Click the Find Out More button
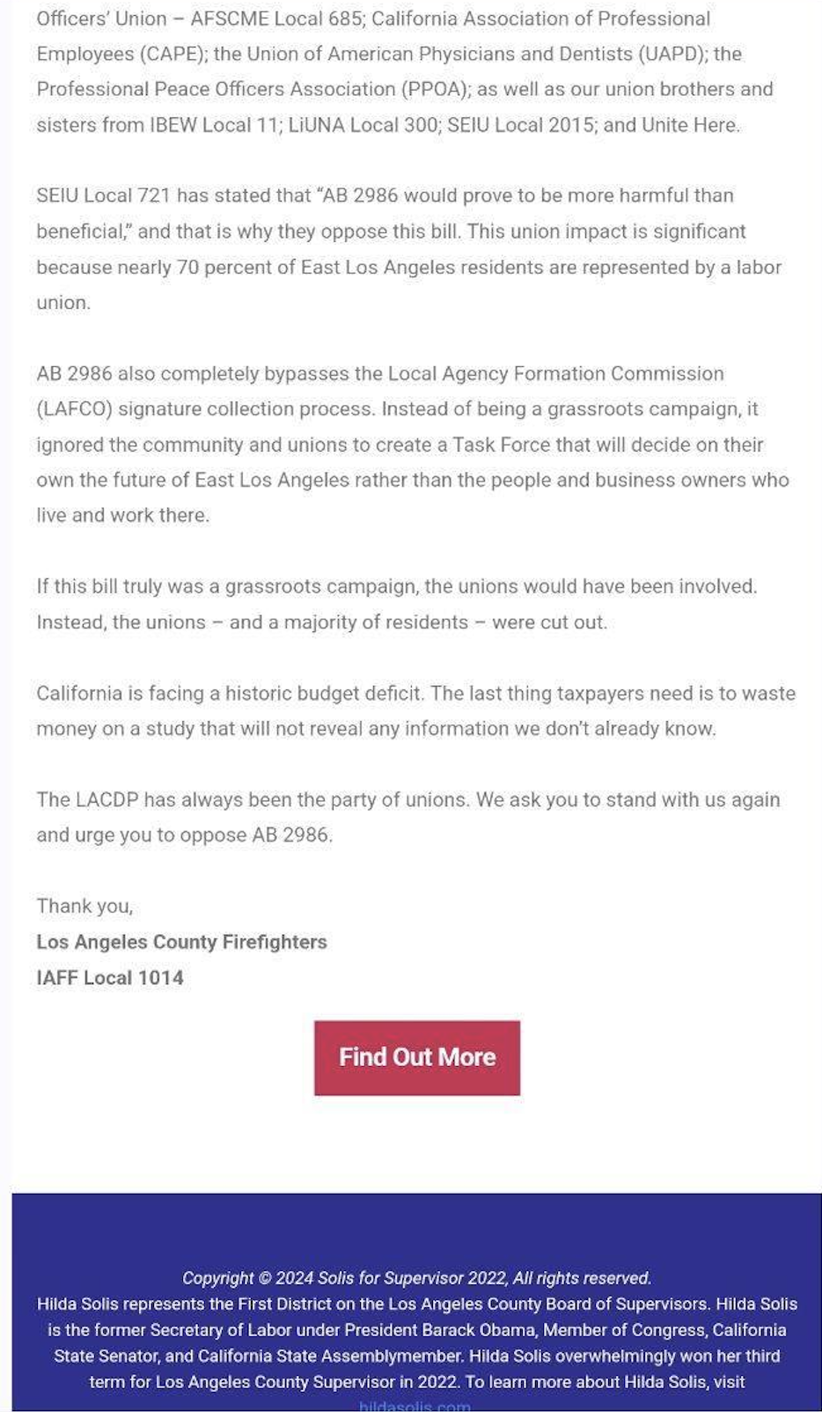coord(416,1057)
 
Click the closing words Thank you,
coord(84,906)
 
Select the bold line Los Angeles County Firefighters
coord(181,942)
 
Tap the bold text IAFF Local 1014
coord(110,977)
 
